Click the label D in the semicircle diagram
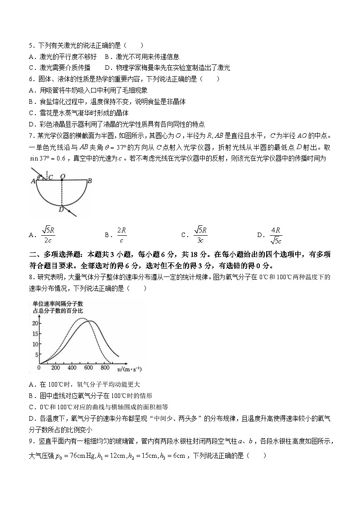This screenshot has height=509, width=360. pos(61,209)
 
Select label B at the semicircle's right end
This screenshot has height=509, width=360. pos(90,181)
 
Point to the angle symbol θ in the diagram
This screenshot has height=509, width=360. pos(39,177)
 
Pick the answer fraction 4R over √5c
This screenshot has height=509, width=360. pos(276,235)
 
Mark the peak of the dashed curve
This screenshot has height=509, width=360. pos(81,319)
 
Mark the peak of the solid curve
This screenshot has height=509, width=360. pos(91,321)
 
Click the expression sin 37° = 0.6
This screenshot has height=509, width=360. pos(48,158)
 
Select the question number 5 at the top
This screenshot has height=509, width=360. pos(30,45)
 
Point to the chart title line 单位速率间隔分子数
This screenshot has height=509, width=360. pos(57,303)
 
